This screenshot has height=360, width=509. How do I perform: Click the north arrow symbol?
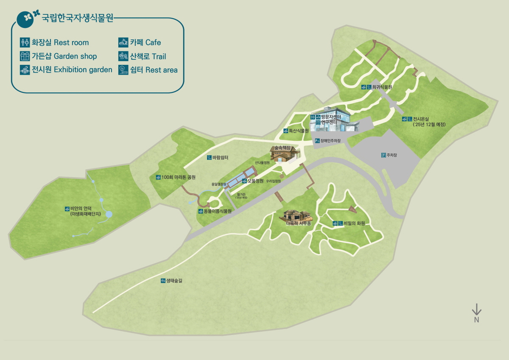pyautogui.click(x=476, y=310)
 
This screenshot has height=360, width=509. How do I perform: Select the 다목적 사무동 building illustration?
pyautogui.click(x=296, y=217)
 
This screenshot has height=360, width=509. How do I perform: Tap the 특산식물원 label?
pyautogui.click(x=299, y=131)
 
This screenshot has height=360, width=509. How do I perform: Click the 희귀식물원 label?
pyautogui.click(x=382, y=87)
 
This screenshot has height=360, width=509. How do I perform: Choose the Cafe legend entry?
pyautogui.click(x=145, y=42)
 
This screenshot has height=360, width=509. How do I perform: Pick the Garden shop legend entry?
pyautogui.click(x=64, y=56)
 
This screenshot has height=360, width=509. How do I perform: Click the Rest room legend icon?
pyautogui.click(x=24, y=42)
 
